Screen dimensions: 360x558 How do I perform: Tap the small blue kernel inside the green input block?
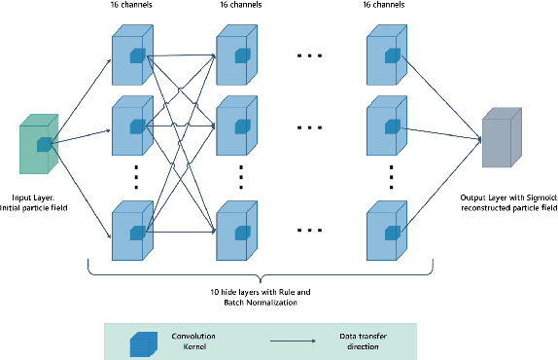click(44, 145)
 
